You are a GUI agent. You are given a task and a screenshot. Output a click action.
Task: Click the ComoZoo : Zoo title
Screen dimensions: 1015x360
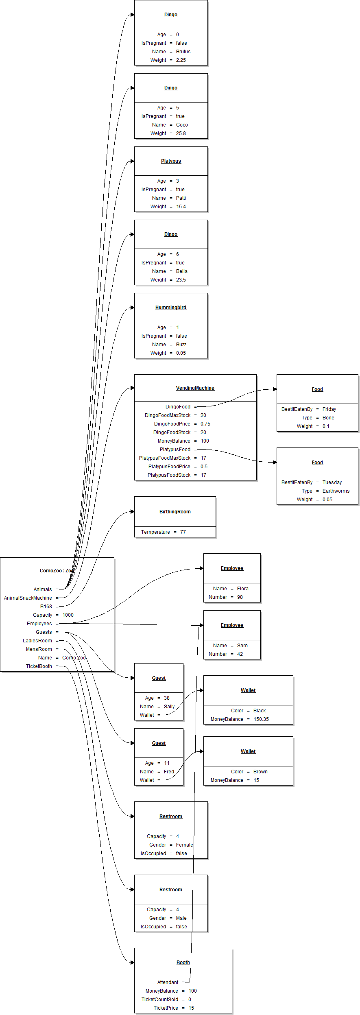click(x=57, y=571)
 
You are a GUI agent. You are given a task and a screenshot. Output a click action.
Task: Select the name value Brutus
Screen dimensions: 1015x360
click(x=183, y=52)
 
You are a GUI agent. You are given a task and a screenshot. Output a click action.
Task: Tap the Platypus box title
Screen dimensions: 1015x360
click(x=171, y=161)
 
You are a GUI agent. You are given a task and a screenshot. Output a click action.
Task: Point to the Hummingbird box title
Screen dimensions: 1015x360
click(x=171, y=308)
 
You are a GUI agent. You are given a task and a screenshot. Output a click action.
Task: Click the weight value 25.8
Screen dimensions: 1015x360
click(x=181, y=133)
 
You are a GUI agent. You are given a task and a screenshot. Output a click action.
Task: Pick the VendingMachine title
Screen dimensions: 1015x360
click(x=195, y=388)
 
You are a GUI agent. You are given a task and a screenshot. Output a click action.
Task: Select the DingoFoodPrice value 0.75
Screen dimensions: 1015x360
click(x=205, y=424)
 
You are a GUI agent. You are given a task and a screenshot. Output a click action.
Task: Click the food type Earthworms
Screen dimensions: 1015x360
click(x=336, y=491)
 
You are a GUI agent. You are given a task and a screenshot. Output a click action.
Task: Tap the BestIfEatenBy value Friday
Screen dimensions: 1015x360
click(x=329, y=409)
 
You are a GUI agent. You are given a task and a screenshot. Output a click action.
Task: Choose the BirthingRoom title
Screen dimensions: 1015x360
click(x=175, y=512)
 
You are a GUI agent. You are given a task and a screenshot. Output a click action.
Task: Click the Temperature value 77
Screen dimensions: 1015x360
click(x=183, y=532)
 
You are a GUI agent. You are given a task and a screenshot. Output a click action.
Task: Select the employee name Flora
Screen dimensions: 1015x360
click(x=242, y=589)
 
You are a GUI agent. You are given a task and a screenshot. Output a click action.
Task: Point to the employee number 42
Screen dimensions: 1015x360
click(x=240, y=654)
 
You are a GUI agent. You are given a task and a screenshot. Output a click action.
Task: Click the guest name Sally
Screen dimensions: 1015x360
click(x=169, y=707)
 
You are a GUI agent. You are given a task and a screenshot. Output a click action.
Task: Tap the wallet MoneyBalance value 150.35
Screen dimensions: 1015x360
click(x=261, y=719)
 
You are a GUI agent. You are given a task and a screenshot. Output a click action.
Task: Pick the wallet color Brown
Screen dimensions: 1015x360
click(x=260, y=772)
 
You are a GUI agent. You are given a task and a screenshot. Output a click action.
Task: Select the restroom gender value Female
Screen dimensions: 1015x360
click(x=184, y=845)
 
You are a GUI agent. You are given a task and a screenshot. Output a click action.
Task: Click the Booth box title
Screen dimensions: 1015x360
click(x=183, y=963)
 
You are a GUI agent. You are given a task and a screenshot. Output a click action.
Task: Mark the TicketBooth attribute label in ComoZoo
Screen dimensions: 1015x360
click(x=39, y=666)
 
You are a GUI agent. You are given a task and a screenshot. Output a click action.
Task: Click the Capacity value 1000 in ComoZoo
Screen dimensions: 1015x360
click(x=68, y=615)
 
